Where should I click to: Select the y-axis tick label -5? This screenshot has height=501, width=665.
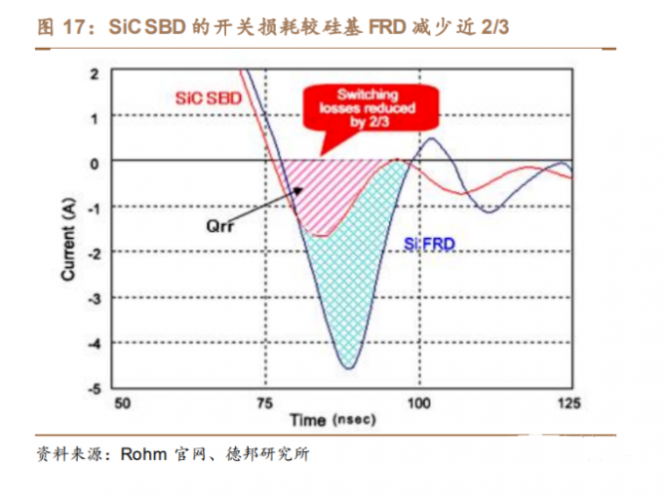(93, 389)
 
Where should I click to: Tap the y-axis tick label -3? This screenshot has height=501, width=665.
(93, 299)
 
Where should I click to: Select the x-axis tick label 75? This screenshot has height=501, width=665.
(268, 404)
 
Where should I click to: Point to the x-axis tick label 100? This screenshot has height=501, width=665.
(418, 404)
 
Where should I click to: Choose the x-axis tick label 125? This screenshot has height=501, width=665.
(568, 404)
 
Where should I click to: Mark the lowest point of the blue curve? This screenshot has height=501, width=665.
(347, 369)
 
